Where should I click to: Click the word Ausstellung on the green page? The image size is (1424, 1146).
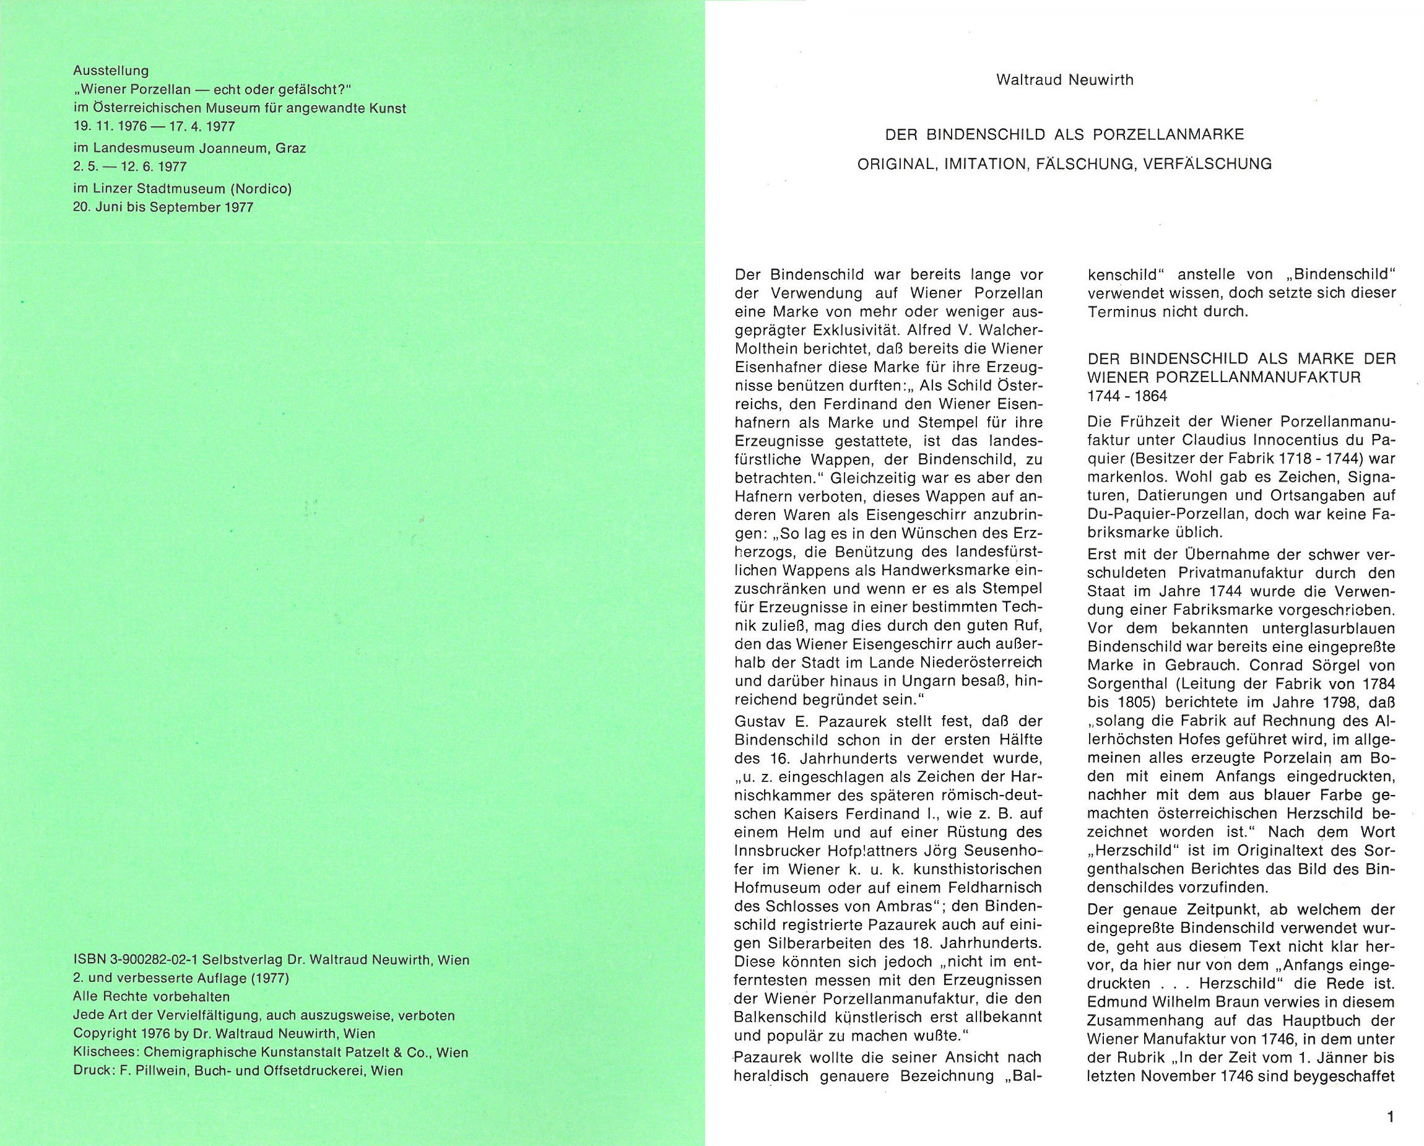coord(111,70)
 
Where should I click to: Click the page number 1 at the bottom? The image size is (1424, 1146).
coord(1391,1099)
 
